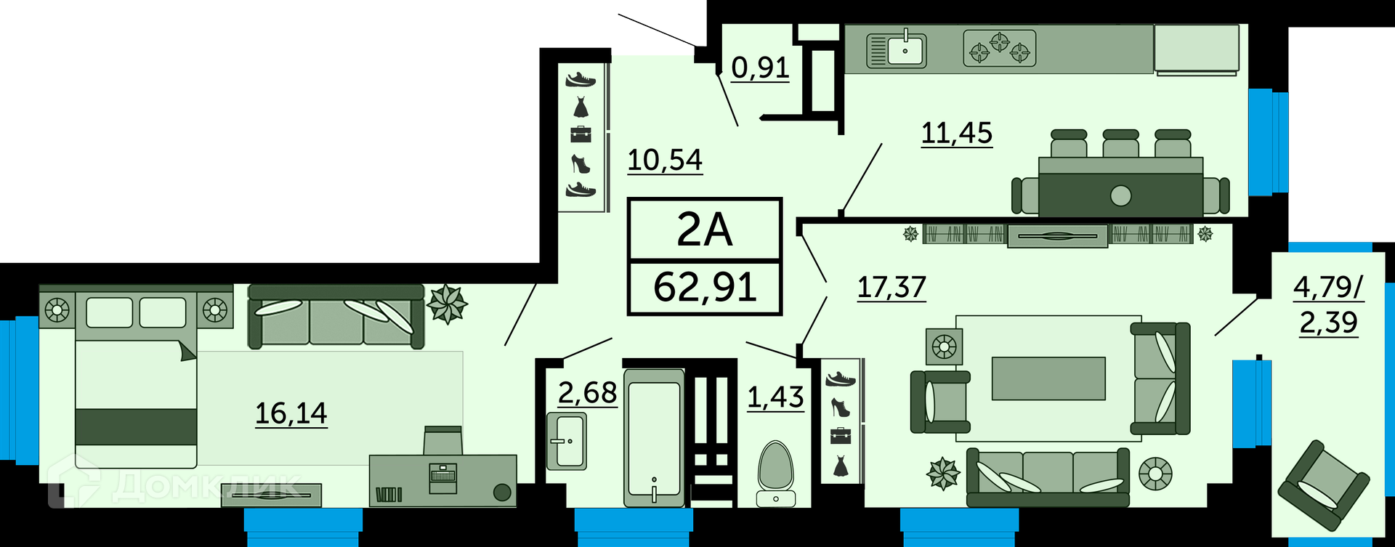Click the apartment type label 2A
[704, 230]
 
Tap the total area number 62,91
[705, 287]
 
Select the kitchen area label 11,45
[956, 133]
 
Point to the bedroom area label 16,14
[291, 413]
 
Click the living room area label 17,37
[891, 288]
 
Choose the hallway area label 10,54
[665, 160]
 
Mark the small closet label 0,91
[760, 68]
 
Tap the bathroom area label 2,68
[587, 393]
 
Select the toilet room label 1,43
[775, 397]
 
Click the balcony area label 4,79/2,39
[1329, 305]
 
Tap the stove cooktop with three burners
[1000, 48]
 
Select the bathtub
[654, 437]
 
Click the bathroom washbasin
[567, 441]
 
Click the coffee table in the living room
[1048, 378]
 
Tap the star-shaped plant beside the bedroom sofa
[447, 304]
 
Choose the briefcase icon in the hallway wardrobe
[581, 134]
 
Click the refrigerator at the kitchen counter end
[1196, 49]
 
